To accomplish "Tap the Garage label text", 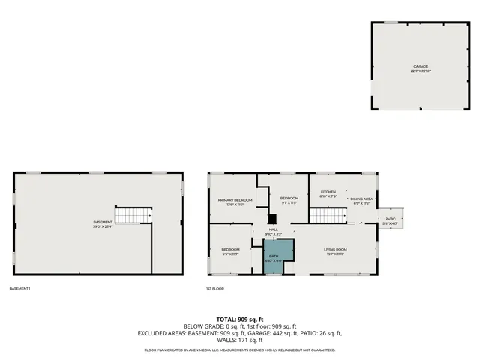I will tap(420, 66).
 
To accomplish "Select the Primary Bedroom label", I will tap(235, 200).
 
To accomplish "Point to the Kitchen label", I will tap(328, 192).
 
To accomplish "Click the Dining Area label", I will tap(361, 199).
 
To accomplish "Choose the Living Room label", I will tap(334, 250).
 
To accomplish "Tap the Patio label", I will tap(390, 219).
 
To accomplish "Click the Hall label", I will tap(273, 229).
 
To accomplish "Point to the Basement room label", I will tap(103, 222).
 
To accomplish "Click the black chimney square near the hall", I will tap(272, 220).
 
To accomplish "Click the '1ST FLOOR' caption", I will tap(215, 289).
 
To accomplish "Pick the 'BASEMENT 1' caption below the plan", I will tap(20, 289).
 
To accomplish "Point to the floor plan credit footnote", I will tap(239, 350).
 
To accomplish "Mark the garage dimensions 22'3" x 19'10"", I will tap(420, 70).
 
